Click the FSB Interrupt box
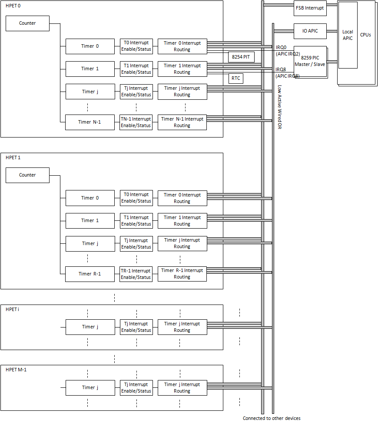point(310,8)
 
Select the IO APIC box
point(310,31)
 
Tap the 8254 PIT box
point(241,57)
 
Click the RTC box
point(235,78)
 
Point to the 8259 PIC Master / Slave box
point(310,61)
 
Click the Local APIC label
point(348,35)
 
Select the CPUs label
point(365,35)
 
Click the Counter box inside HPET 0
point(27,23)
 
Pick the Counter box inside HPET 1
point(27,175)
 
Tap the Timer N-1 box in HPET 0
point(90,122)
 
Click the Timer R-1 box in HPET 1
point(90,274)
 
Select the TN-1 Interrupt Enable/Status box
point(136,122)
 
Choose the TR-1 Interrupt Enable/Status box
point(136,274)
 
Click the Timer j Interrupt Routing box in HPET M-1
point(182,388)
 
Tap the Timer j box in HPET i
point(90,327)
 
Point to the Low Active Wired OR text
point(279,107)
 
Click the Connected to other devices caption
point(272,418)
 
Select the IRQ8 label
point(281,69)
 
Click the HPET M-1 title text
point(16,370)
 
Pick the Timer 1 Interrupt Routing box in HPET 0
point(182,69)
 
